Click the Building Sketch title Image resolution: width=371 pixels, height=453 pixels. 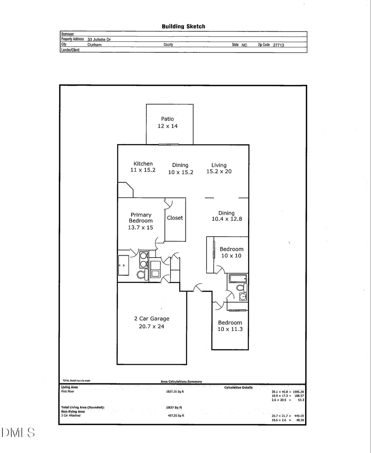point(183,26)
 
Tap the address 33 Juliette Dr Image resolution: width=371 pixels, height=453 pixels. point(99,40)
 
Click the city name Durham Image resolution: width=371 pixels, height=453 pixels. point(94,45)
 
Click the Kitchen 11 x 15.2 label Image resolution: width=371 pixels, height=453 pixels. point(143,167)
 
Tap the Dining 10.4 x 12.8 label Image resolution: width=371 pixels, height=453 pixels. point(226,216)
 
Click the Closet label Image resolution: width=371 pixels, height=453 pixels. point(175,218)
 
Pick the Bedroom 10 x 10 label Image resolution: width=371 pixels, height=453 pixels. point(231,252)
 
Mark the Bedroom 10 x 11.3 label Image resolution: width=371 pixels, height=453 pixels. point(230,326)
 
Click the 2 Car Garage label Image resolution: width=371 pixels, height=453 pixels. point(152,322)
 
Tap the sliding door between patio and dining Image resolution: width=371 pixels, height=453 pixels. point(169,144)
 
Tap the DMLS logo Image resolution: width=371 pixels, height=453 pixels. point(18,433)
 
